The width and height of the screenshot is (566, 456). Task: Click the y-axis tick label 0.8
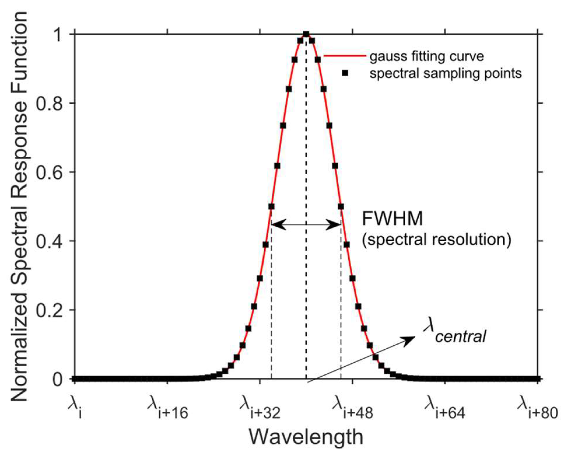click(x=50, y=103)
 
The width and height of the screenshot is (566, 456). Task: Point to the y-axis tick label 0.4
click(x=50, y=241)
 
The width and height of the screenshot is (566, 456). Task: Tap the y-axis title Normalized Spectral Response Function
click(x=19, y=206)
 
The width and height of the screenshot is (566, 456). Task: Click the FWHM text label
click(x=392, y=219)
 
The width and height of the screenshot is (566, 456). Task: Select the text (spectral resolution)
click(x=436, y=239)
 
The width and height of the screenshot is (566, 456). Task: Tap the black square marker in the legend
click(x=345, y=74)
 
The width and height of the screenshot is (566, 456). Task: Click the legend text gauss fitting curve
click(x=427, y=56)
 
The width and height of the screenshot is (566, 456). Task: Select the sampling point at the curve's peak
click(x=306, y=34)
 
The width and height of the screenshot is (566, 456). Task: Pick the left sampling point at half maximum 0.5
click(x=271, y=207)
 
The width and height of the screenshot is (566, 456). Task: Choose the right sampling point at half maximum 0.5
click(x=341, y=207)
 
